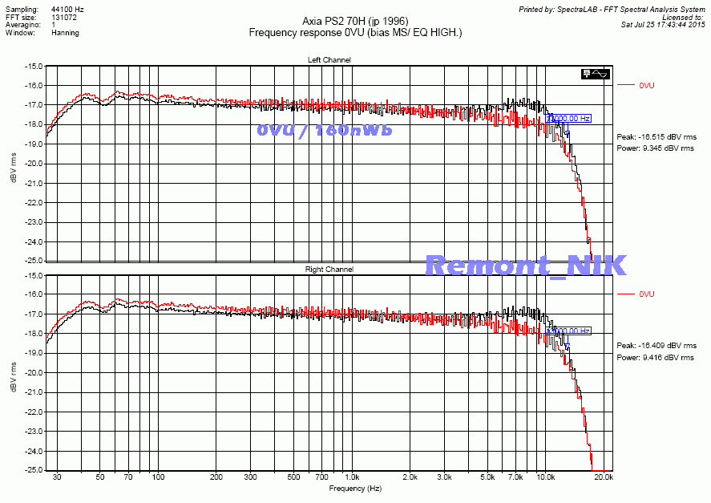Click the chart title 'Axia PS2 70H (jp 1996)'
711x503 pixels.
tap(355, 21)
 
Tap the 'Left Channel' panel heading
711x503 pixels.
tap(329, 60)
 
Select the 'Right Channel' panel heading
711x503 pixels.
tap(329, 270)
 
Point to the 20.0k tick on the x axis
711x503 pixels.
tap(604, 477)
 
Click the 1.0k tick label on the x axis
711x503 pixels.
tap(351, 477)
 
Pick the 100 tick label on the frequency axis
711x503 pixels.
tap(158, 477)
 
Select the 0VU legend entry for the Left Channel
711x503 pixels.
tap(647, 85)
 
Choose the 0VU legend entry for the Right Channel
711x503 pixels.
tap(647, 294)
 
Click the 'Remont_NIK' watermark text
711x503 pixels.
tap(526, 265)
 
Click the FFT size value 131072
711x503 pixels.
tap(65, 15)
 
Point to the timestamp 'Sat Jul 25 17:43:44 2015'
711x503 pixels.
tap(663, 24)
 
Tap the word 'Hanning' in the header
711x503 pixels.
tap(65, 34)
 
